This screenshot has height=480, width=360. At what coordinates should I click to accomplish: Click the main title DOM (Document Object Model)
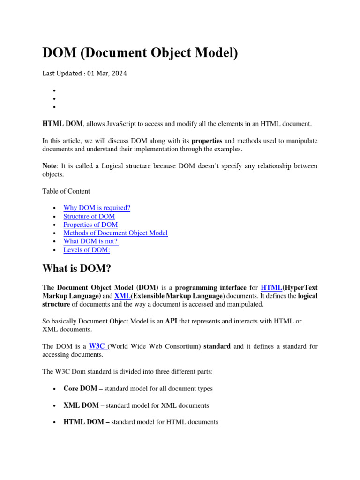coord(140,53)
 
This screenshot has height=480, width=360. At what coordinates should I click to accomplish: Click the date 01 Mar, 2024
coord(106,74)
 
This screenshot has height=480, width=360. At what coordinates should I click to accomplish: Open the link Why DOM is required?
coord(97,208)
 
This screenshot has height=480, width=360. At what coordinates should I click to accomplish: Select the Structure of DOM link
coord(89,216)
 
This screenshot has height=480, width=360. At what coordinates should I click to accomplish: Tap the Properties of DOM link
coord(90,225)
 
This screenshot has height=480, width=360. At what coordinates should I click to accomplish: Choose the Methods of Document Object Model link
coord(115,233)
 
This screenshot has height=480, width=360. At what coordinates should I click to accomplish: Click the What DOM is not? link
coord(90,241)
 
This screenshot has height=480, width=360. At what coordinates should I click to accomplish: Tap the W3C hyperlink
coord(98,346)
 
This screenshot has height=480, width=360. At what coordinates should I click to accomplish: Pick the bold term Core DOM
coord(80,389)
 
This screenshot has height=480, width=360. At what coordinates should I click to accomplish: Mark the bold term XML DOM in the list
coord(81,405)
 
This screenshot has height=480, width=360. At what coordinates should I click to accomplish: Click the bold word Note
coord(50,166)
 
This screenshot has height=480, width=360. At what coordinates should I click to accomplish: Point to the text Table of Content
coord(66,191)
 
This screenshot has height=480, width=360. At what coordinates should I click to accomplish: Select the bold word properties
coord(207,141)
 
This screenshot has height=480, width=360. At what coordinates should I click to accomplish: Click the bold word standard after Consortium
coord(217,346)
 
